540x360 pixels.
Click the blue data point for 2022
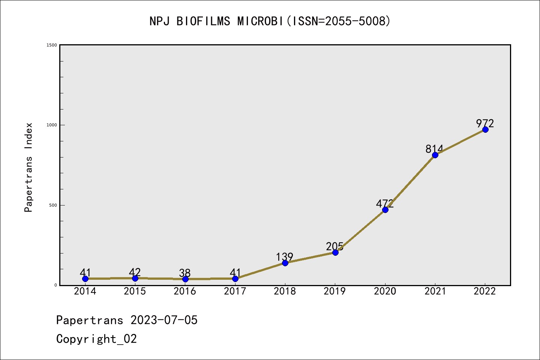click(485, 129)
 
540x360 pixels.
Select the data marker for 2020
click(385, 210)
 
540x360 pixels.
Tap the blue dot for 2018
click(285, 263)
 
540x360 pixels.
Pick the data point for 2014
click(85, 279)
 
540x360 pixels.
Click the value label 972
click(485, 123)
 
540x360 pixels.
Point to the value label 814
click(434, 149)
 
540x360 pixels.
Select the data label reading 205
click(334, 246)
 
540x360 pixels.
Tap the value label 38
click(184, 273)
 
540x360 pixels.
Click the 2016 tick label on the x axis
click(184, 291)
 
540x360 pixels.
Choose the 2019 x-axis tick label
click(334, 291)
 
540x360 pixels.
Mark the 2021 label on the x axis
click(435, 291)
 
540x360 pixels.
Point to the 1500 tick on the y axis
click(52, 45)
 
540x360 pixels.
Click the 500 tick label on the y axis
click(53, 205)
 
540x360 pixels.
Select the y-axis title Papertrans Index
click(28, 167)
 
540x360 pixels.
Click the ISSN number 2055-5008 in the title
click(355, 21)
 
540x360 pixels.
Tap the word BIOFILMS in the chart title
click(203, 21)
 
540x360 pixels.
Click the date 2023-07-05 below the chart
click(164, 320)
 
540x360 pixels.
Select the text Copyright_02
click(96, 339)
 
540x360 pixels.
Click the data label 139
click(284, 257)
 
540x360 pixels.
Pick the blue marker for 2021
click(435, 155)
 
